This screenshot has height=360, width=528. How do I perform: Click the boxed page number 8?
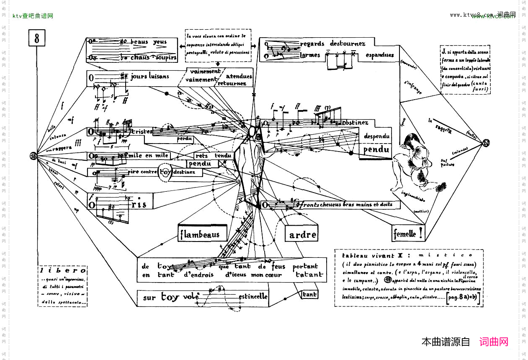click(37, 39)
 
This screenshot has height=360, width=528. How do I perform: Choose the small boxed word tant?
click(309, 295)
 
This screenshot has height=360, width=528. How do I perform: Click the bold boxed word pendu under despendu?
click(376, 150)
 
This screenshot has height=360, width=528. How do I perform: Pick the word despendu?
click(376, 136)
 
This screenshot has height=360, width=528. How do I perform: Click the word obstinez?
click(355, 123)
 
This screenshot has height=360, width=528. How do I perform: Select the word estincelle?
click(253, 297)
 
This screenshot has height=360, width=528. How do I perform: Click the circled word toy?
click(166, 172)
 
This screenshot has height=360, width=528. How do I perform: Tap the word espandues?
click(379, 55)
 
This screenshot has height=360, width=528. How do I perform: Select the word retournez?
click(232, 83)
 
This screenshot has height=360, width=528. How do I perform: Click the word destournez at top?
click(348, 44)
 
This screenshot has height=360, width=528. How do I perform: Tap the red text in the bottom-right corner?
click(494, 342)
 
